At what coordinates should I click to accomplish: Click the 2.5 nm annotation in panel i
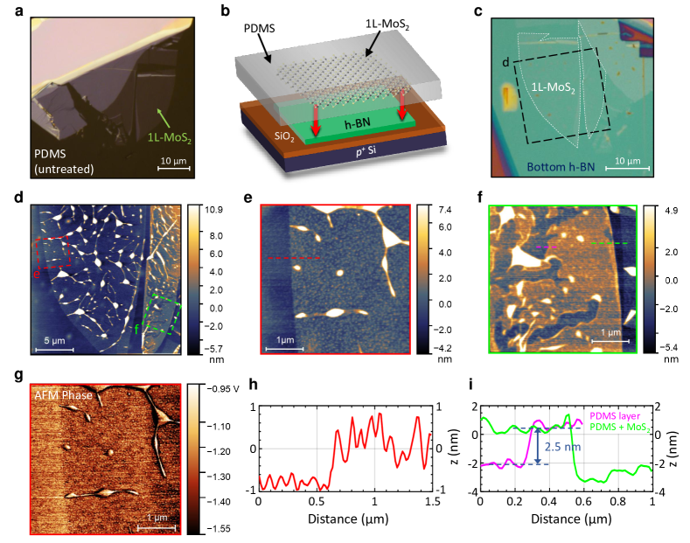[562, 447]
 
